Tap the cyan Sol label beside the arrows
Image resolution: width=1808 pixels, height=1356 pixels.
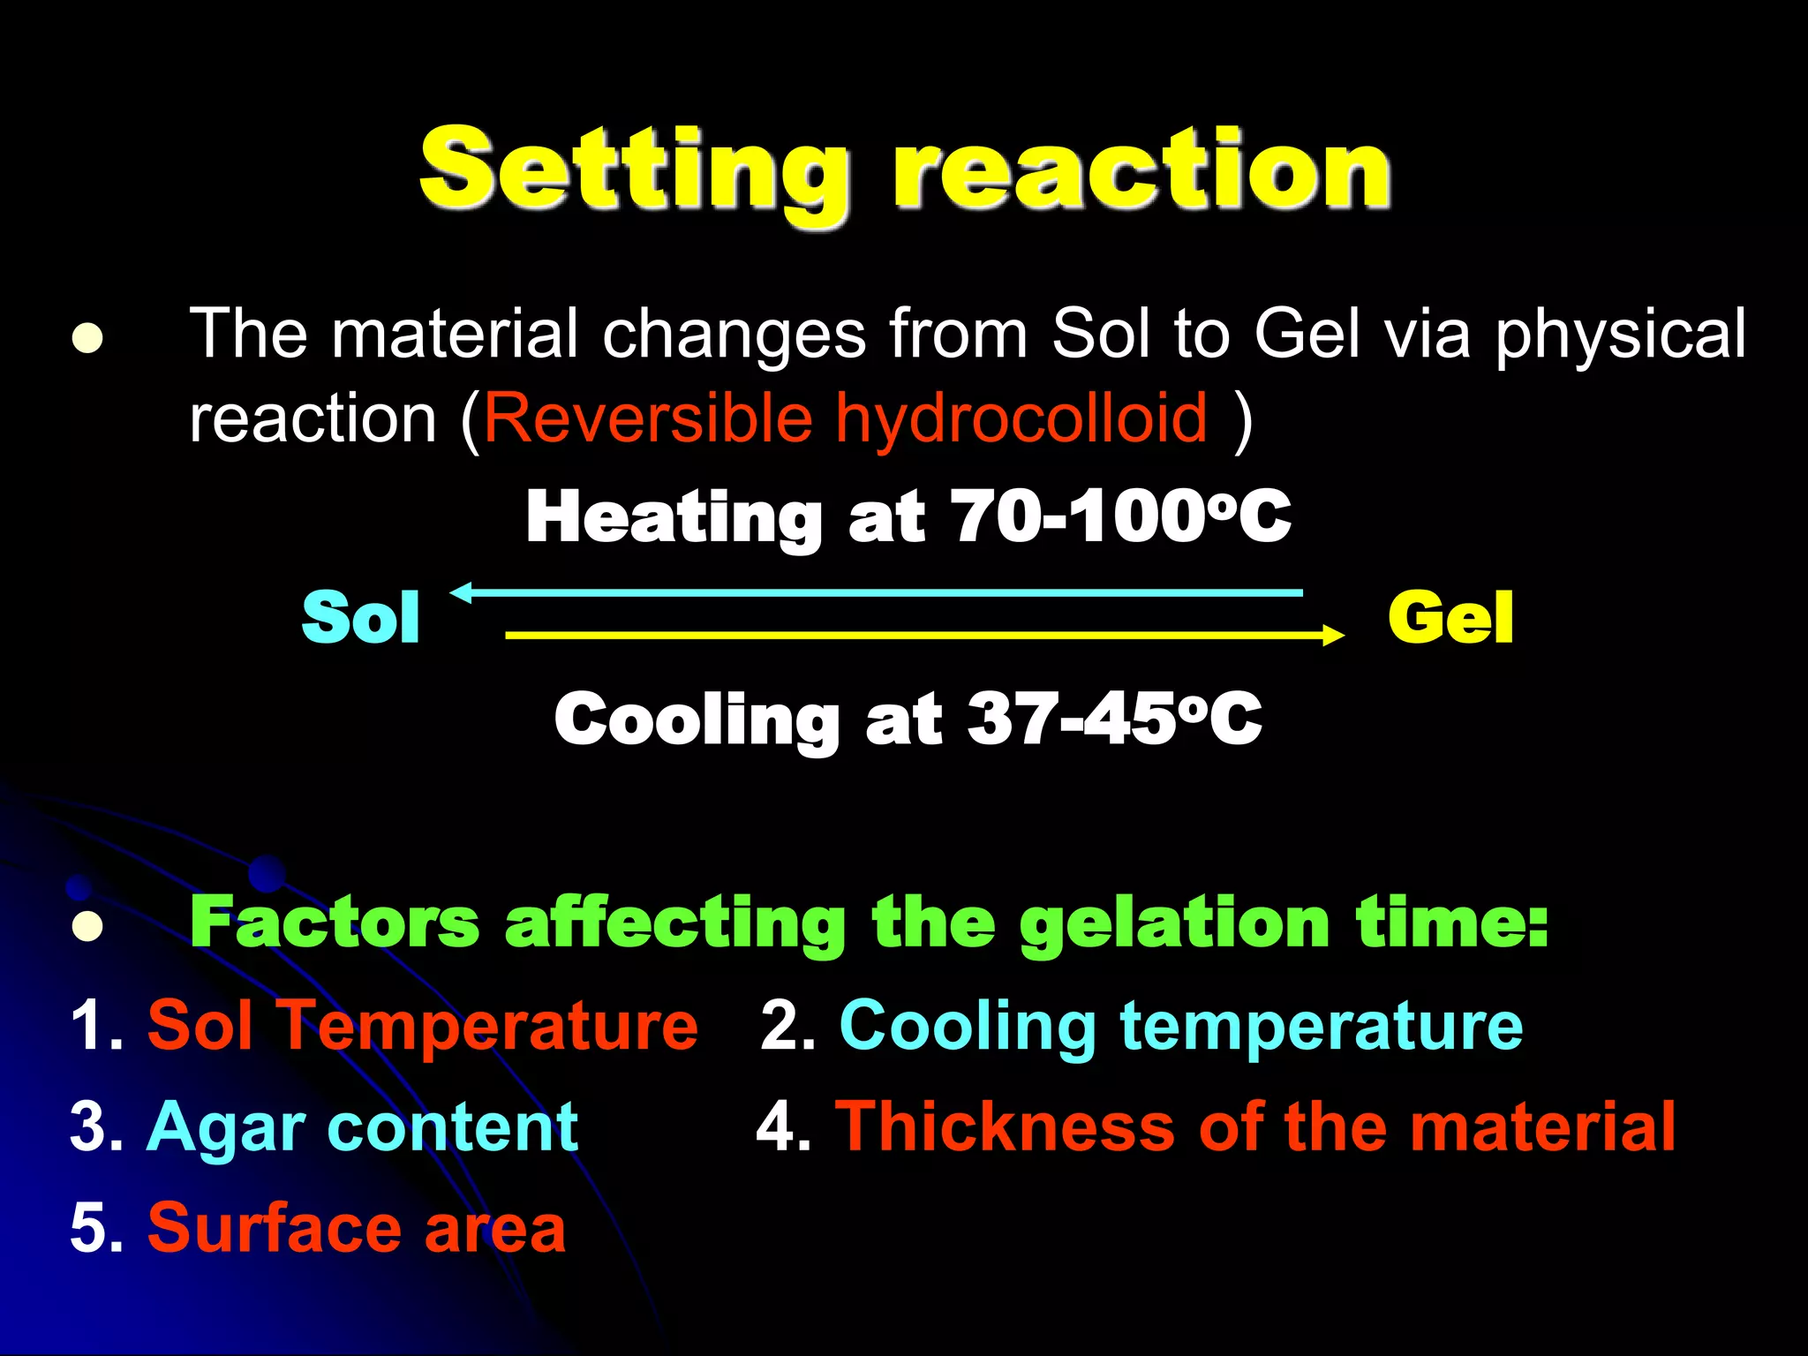(360, 617)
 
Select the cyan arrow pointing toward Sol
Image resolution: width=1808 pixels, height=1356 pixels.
(878, 592)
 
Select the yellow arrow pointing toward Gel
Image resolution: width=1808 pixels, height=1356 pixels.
(923, 635)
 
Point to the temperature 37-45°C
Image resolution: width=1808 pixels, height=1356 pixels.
(1115, 719)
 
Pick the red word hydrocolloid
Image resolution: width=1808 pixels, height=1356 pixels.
(1021, 418)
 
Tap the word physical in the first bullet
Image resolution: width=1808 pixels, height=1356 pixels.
(1620, 335)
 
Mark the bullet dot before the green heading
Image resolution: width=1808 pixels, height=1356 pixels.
(87, 926)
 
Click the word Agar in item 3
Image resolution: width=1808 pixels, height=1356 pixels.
(226, 1128)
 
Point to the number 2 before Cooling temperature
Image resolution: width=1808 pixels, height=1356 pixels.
(780, 1027)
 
